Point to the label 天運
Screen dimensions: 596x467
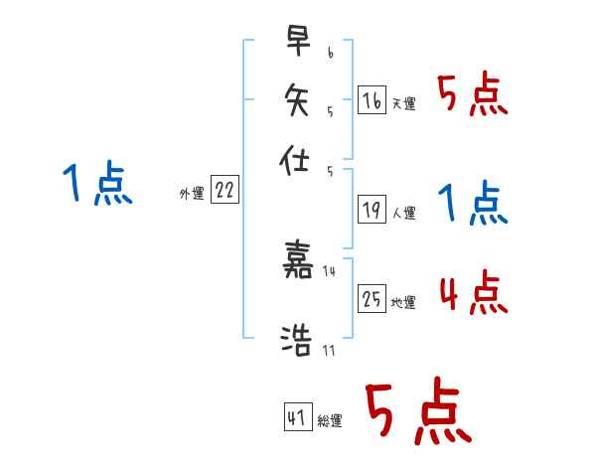[403, 103]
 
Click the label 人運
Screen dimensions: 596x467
[403, 213]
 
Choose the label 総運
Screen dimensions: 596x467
[330, 421]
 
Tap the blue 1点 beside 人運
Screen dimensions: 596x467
[473, 204]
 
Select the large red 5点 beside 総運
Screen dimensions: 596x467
[416, 412]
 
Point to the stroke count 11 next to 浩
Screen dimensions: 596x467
[329, 351]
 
